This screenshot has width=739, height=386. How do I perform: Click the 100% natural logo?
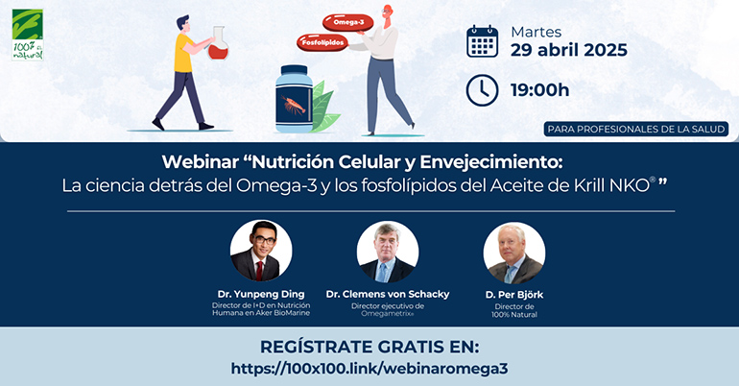coord(27,35)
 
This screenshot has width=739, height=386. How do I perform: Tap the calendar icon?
coord(482,41)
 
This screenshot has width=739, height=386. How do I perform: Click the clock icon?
coord(482,90)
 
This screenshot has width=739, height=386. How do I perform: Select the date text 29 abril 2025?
coord(569,50)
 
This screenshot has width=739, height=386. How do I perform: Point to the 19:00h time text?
coord(539,90)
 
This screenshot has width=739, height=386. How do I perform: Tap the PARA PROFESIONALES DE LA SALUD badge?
coord(636,129)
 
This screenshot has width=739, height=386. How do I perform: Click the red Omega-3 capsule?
coord(347,22)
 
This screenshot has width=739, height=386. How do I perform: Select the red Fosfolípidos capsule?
coord(322,42)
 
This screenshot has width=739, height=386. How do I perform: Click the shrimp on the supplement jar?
coord(293,104)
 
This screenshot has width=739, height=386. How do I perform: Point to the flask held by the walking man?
coord(218,44)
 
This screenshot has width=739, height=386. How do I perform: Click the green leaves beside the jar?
coord(324,108)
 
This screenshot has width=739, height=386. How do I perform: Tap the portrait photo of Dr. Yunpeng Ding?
coord(261,251)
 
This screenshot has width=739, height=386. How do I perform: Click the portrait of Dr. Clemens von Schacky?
coord(388,252)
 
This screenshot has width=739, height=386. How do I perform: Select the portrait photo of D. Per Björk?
coord(514,253)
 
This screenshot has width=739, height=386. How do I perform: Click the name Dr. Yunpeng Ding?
coord(261,294)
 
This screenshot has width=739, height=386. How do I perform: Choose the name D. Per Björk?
coord(514,295)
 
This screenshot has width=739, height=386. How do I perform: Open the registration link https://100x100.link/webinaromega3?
coord(369,368)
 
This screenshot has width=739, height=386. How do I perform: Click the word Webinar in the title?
coord(201,162)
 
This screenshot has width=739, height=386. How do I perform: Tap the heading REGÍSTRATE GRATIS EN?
coord(369,347)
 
